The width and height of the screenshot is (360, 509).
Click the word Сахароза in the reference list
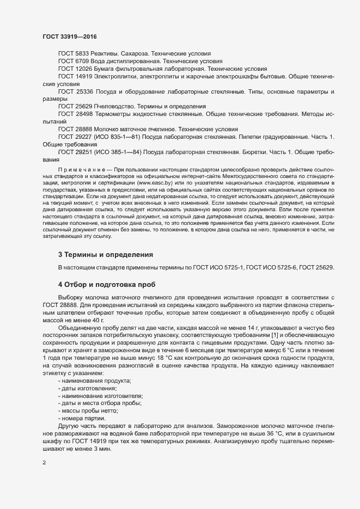tap(133, 54)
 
